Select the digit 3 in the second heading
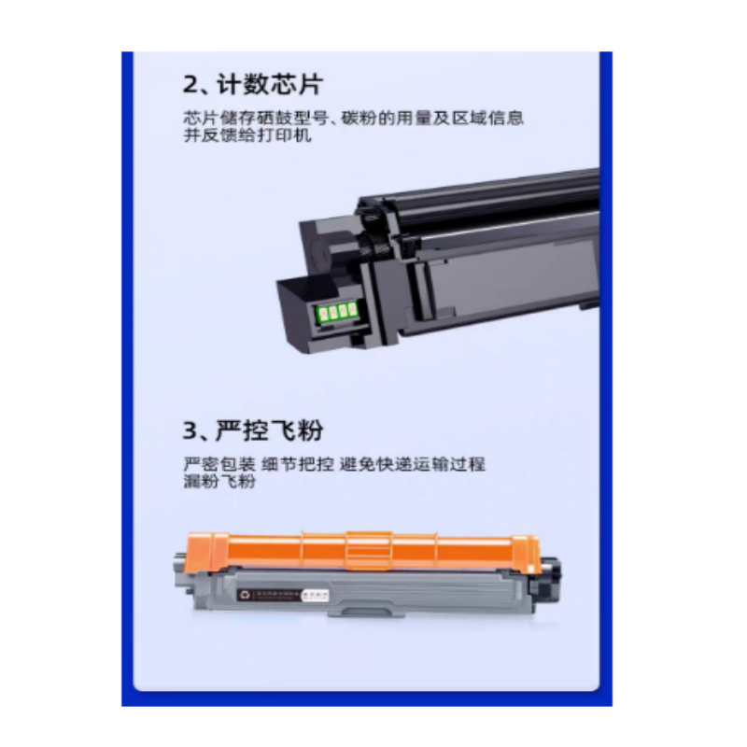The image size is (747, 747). click(x=191, y=431)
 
